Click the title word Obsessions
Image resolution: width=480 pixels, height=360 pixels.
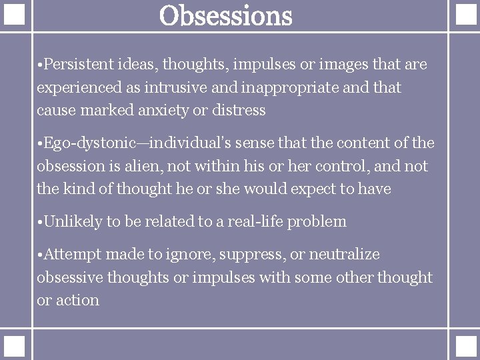[x=226, y=16]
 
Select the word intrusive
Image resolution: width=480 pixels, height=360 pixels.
[x=189, y=87]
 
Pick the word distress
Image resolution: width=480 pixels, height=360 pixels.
[x=239, y=110]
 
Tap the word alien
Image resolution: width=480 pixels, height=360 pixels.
[x=162, y=166]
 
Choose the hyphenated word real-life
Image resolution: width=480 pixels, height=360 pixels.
[x=255, y=222]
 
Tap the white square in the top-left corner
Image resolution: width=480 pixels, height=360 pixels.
[x=15, y=15]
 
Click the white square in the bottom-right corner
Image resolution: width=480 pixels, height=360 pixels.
[x=464, y=345]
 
